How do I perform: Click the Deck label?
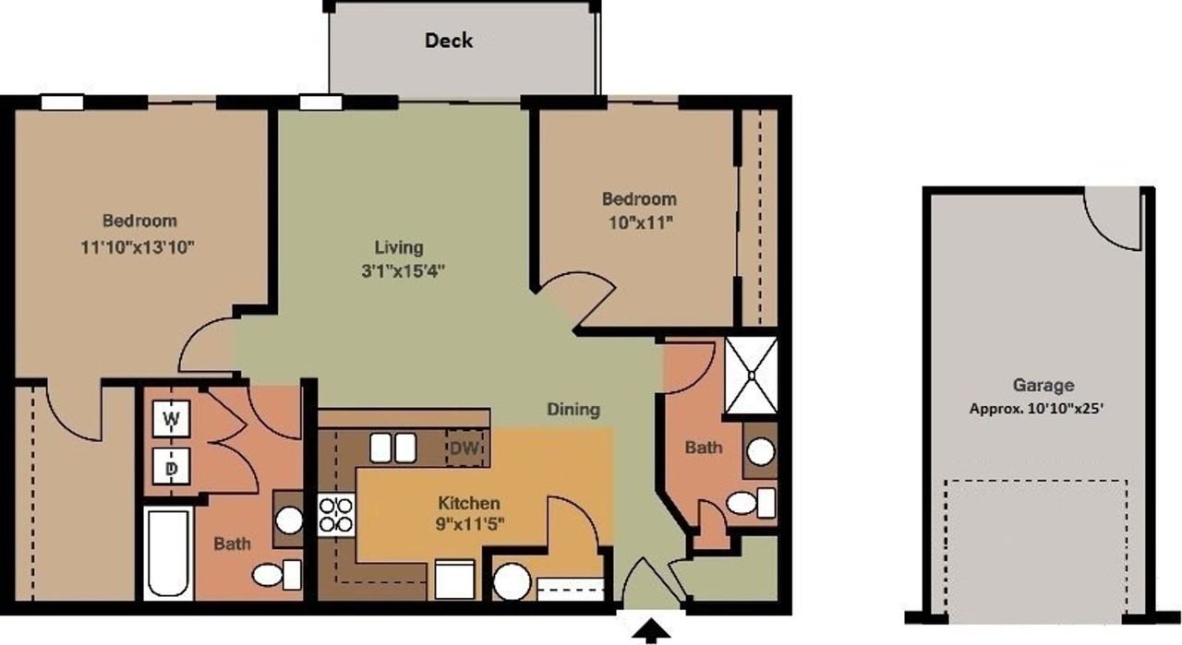449,41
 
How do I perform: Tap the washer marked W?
171,419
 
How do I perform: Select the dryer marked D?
171,469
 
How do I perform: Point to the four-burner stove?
336,515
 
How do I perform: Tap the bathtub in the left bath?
167,552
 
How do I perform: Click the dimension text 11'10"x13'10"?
139,247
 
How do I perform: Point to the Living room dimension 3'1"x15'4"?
399,272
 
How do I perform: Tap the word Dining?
573,410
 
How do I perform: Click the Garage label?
1043,386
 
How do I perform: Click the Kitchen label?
468,503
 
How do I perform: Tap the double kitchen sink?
392,448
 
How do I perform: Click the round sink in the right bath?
760,452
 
